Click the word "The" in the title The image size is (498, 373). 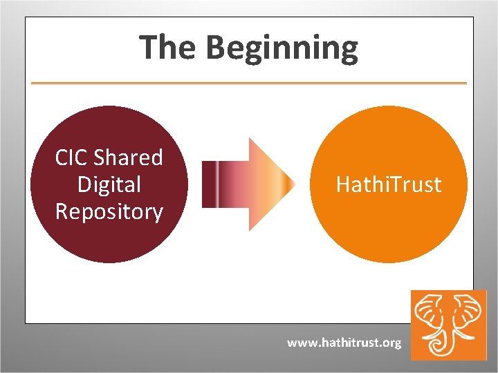168,48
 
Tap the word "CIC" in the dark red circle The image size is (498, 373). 72,158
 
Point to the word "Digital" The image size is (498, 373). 109,184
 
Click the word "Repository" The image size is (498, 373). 109,211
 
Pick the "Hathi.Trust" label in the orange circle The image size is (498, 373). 388,185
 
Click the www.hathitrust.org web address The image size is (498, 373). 344,343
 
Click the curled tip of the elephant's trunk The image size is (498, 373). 441,344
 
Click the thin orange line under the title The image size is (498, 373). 249,84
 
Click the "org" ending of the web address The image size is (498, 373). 391,343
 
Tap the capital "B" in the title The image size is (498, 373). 215,48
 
